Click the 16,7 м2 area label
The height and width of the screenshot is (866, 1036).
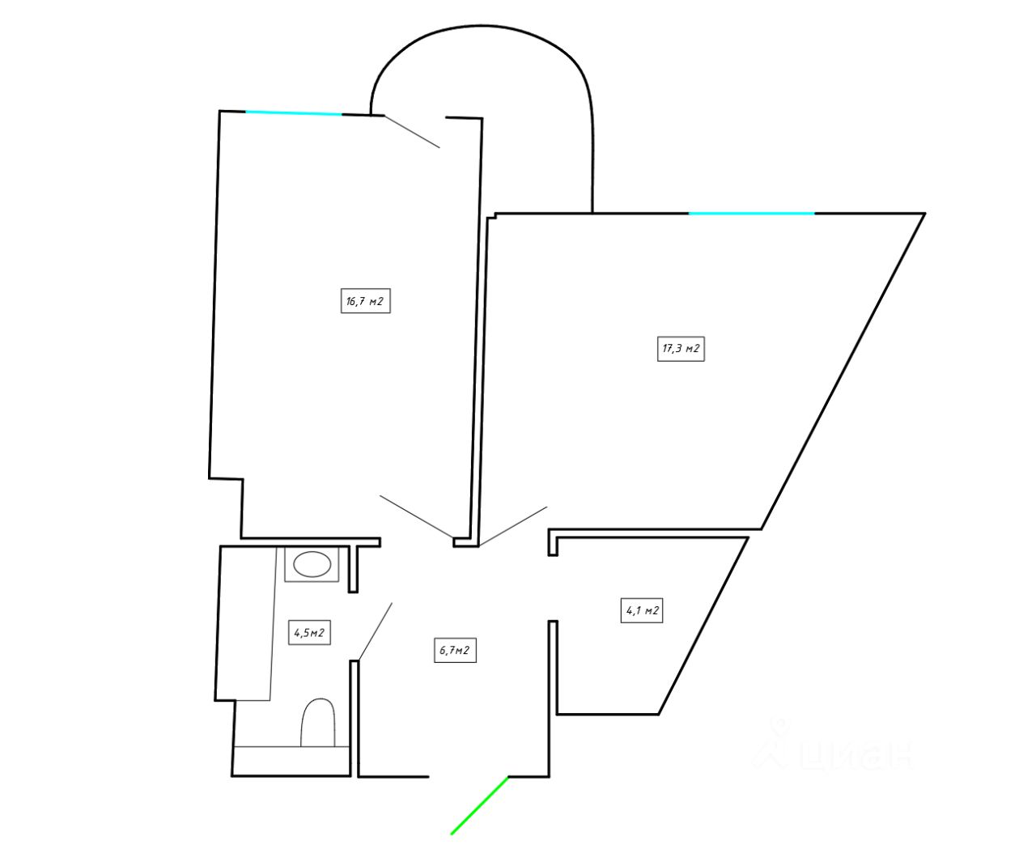click(x=366, y=301)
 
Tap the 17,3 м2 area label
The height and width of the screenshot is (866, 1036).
click(x=681, y=349)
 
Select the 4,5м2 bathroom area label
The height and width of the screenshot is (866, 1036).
click(x=309, y=632)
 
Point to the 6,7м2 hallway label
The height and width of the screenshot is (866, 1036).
click(x=456, y=650)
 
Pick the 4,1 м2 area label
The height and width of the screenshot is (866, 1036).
click(x=642, y=610)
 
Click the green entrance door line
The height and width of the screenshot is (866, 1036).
click(x=479, y=805)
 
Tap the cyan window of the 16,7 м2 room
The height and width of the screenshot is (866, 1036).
click(x=294, y=113)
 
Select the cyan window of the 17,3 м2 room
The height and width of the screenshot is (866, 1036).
click(x=751, y=213)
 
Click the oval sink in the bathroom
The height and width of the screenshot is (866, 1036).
click(x=311, y=564)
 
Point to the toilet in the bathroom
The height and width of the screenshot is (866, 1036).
click(x=318, y=722)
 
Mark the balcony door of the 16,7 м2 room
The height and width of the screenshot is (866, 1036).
click(x=411, y=131)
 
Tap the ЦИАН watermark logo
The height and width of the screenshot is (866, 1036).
click(x=834, y=749)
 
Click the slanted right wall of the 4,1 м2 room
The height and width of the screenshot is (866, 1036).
click(x=703, y=626)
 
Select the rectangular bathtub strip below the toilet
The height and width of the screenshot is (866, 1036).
click(x=291, y=760)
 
